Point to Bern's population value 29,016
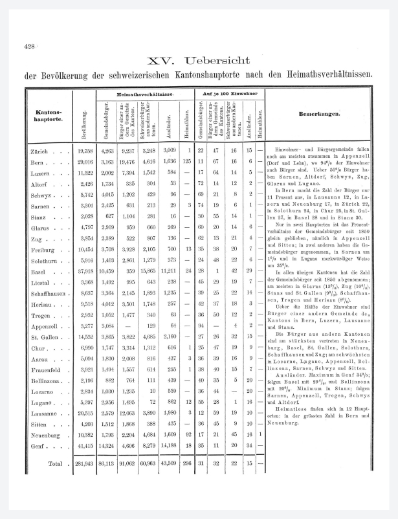(x=85, y=161)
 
